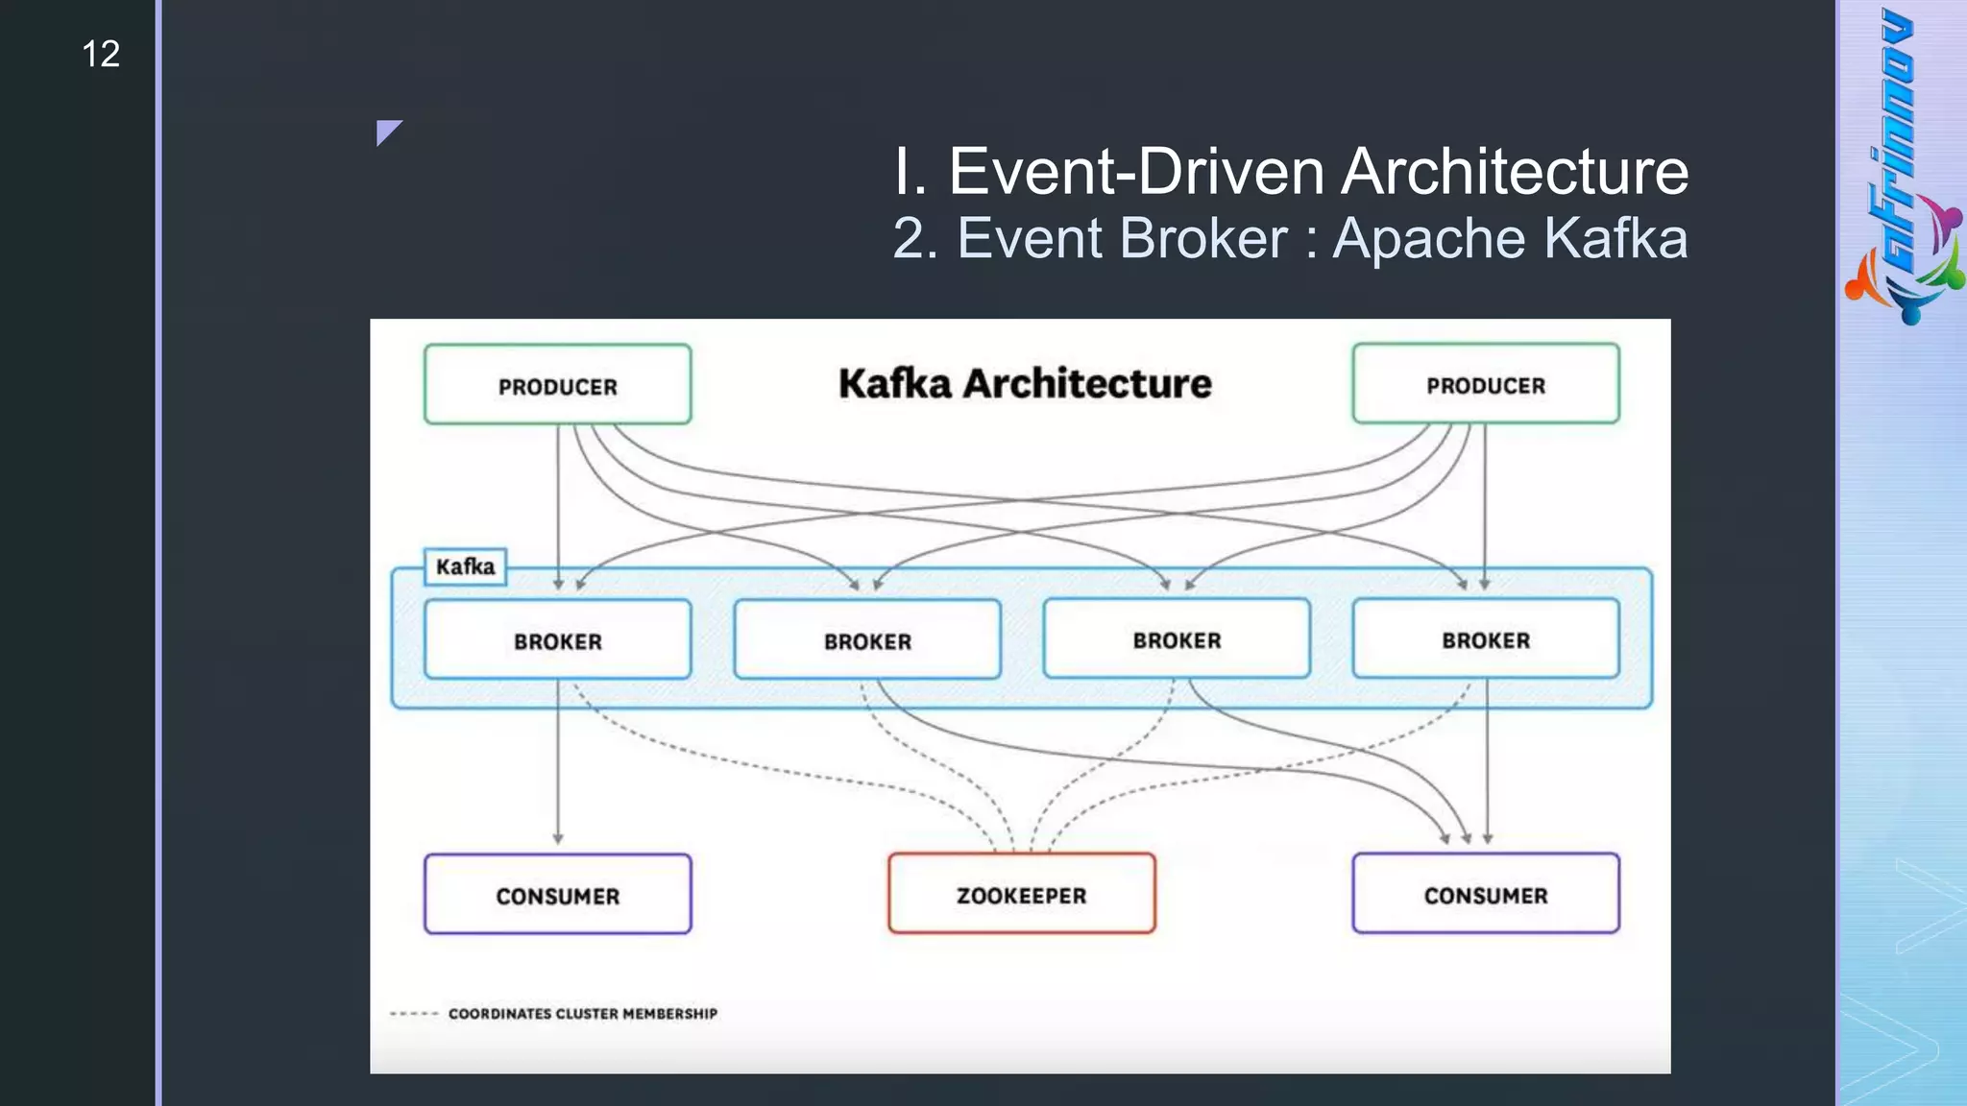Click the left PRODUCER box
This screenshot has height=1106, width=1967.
[557, 385]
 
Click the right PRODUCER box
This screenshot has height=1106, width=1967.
[1485, 384]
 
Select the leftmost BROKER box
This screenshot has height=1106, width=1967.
[557, 640]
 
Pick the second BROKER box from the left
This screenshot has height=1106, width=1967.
[867, 640]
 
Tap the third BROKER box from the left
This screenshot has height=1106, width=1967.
[1177, 639]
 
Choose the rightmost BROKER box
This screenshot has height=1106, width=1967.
[1485, 639]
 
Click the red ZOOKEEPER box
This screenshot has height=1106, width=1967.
[1021, 894]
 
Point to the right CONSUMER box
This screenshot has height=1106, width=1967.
[1485, 894]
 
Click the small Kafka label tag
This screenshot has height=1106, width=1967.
[465, 566]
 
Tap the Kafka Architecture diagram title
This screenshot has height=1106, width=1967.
[1025, 383]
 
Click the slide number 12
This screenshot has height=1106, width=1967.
[101, 54]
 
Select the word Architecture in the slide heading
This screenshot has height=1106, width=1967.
[1514, 172]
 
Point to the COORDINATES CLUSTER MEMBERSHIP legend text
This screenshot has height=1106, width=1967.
[582, 1013]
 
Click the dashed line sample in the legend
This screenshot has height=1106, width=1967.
[414, 1014]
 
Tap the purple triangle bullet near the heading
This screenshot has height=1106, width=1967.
[387, 132]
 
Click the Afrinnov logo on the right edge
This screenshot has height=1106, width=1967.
[1902, 168]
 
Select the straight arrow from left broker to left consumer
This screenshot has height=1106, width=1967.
[558, 768]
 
